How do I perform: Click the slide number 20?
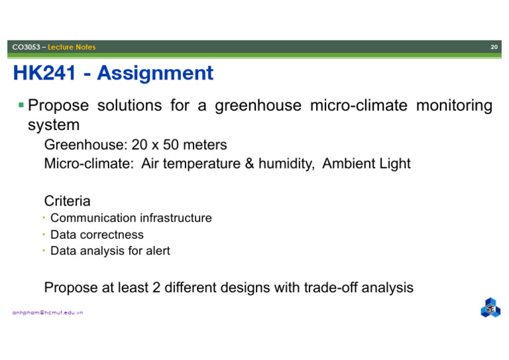tap(494, 47)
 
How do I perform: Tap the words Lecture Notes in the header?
tap(76, 47)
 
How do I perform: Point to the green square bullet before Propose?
tap(21, 105)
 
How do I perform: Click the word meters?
tap(206, 145)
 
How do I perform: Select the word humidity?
tap(286, 163)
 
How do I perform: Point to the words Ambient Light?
tap(367, 163)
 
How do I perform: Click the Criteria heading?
tap(67, 200)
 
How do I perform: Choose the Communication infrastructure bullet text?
tap(131, 217)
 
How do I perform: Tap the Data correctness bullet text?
tap(97, 234)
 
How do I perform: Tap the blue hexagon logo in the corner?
tap(490, 308)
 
